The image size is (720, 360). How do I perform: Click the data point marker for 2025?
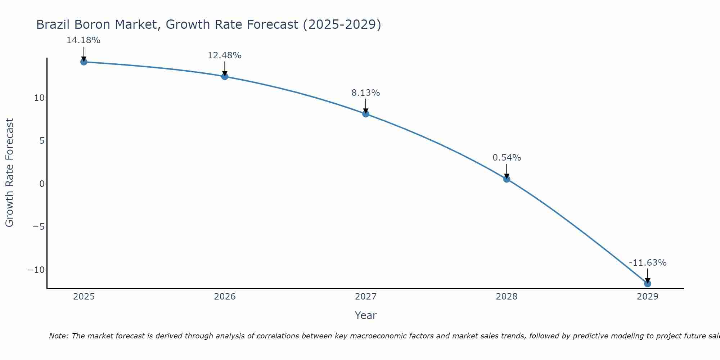click(84, 62)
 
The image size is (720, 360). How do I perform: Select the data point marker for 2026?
click(225, 76)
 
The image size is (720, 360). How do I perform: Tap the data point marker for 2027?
click(366, 114)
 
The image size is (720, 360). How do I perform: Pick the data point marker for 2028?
click(507, 179)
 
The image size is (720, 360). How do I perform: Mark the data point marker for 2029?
click(648, 284)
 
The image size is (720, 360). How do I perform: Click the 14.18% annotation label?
click(83, 40)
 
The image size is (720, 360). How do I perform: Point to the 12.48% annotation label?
click(224, 55)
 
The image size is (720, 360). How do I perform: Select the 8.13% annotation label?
click(365, 93)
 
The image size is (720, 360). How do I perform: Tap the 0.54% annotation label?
click(507, 158)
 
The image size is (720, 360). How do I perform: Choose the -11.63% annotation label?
click(648, 263)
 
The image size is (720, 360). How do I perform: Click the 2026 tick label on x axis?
click(225, 297)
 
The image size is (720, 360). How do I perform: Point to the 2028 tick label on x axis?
click(507, 297)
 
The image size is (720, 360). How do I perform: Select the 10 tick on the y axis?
click(39, 98)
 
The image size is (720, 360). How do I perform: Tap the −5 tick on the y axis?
click(39, 227)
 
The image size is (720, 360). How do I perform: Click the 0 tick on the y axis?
click(42, 184)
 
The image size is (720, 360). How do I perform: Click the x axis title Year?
click(365, 315)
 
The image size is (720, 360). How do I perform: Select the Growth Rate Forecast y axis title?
click(9, 172)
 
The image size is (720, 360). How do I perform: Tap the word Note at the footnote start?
click(58, 336)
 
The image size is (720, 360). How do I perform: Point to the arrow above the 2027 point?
click(366, 106)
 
